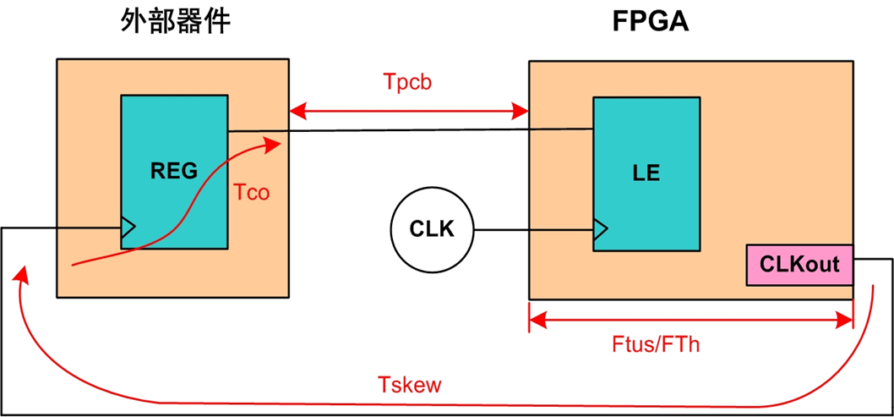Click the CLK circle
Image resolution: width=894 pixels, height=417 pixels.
click(x=432, y=229)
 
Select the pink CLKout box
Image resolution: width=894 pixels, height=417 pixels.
click(x=799, y=265)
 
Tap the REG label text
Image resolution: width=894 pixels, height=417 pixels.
click(x=173, y=170)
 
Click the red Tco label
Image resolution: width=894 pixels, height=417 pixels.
click(x=252, y=193)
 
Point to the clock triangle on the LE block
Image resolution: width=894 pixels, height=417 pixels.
click(x=601, y=229)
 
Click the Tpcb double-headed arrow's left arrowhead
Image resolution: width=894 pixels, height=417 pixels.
click(x=297, y=112)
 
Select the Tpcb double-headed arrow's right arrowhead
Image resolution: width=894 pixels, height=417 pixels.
click(x=521, y=112)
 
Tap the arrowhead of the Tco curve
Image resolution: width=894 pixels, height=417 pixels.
click(x=275, y=145)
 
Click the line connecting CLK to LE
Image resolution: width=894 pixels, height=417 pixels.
click(x=534, y=230)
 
